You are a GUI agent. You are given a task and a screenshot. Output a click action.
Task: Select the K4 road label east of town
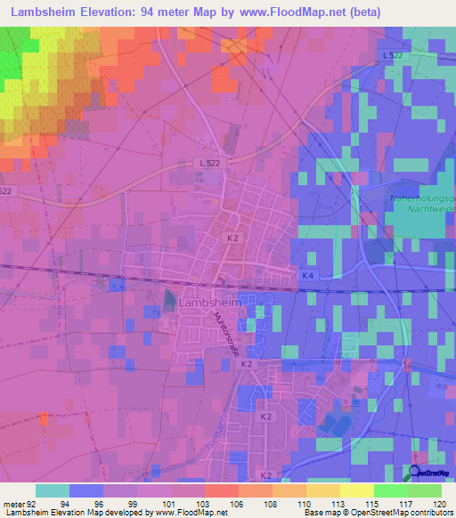[307, 276]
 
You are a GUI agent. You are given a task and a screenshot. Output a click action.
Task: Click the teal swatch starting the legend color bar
[53, 490]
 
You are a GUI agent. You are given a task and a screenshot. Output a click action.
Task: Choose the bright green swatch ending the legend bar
[425, 490]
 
